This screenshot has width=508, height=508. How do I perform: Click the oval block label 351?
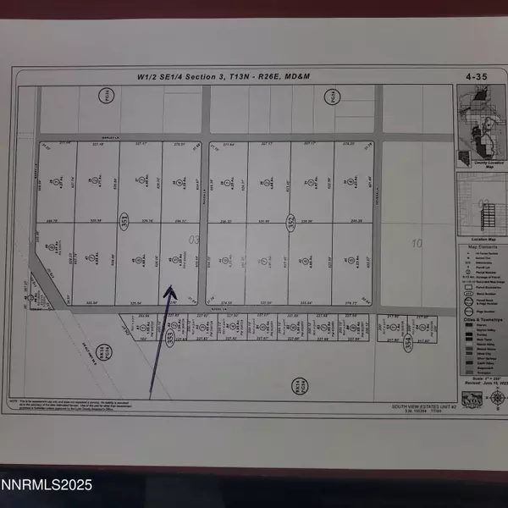coord(125,222)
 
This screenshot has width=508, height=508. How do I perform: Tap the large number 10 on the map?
coord(417,244)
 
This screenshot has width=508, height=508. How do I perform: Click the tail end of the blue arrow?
coord(151,397)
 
